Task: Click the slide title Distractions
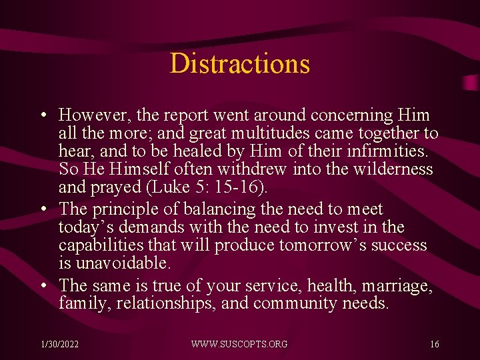240,63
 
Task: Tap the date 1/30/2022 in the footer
59,344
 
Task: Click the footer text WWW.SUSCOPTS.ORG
239,344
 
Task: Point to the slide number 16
434,344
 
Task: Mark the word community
295,303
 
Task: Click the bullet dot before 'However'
42,116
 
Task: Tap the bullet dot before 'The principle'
42,209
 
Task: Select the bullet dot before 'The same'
42,286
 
